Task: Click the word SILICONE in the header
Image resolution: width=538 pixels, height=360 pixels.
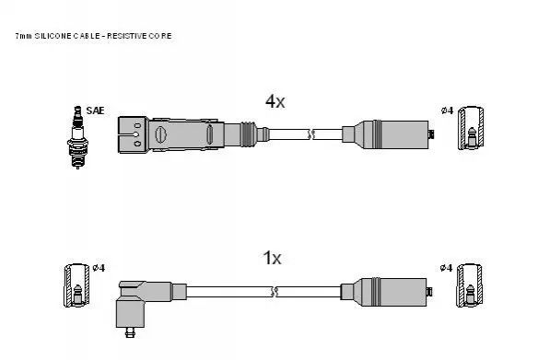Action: tap(53, 36)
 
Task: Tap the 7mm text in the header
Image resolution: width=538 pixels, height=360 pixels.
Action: tap(23, 36)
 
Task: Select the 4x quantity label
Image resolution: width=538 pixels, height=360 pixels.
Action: tap(275, 101)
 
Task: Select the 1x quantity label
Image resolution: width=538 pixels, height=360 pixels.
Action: tap(272, 258)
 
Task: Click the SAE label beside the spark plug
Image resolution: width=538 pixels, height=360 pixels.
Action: tap(95, 110)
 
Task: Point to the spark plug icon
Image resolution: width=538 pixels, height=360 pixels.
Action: tap(77, 137)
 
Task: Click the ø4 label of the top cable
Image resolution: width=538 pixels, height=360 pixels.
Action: tap(447, 110)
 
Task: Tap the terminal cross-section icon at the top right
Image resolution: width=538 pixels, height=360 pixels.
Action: tap(471, 128)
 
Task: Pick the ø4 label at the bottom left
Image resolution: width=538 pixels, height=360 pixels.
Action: tap(99, 268)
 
